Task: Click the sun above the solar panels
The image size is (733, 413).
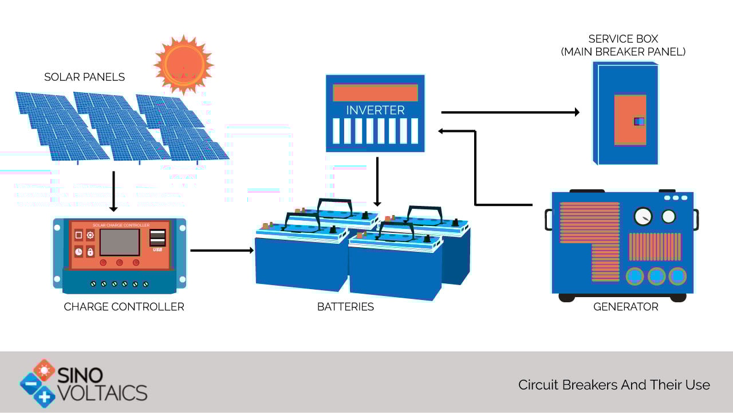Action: point(184,65)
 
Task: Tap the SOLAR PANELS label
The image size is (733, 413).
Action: point(84,77)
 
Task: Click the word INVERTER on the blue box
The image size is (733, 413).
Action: point(375,110)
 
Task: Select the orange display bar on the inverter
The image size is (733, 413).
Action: point(375,93)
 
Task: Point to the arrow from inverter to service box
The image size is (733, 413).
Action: point(510,112)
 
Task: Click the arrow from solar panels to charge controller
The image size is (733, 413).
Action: point(113,192)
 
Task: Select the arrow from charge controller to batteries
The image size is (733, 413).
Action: point(222,251)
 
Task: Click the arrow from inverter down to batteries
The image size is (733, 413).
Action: point(377,182)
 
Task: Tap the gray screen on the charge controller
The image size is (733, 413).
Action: point(120,242)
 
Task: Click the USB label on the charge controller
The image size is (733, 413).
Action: point(157,250)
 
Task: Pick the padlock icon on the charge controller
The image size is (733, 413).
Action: point(90,252)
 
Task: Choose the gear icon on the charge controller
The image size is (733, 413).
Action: point(90,235)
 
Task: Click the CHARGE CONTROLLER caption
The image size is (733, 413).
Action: point(124,307)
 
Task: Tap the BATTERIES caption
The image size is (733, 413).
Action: point(345,307)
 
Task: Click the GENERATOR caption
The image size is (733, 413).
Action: point(626,307)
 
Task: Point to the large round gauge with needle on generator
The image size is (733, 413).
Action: point(643,216)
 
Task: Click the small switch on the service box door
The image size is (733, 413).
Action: point(639,122)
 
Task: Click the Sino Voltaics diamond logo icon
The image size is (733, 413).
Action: point(38,383)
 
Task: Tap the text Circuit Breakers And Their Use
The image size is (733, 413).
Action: point(614,385)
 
